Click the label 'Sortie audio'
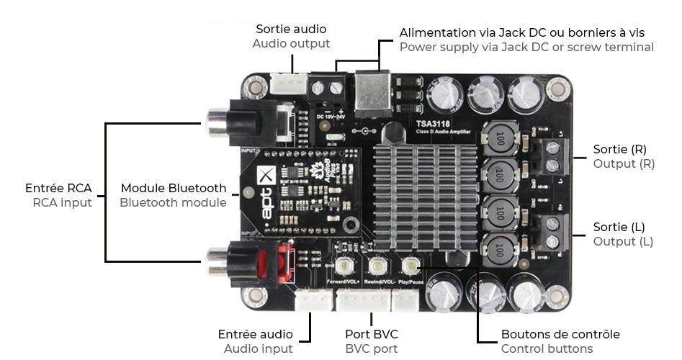pos(291,29)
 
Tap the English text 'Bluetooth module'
pos(173,202)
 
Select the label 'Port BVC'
pos(371,334)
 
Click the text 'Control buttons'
pos(547,349)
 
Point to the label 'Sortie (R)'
pos(619,149)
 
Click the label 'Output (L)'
pos(623,241)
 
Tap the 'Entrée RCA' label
pos(58,188)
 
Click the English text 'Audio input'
pos(258,349)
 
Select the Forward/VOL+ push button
pos(344,266)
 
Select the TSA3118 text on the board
pos(434,123)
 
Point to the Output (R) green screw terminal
pos(553,156)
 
